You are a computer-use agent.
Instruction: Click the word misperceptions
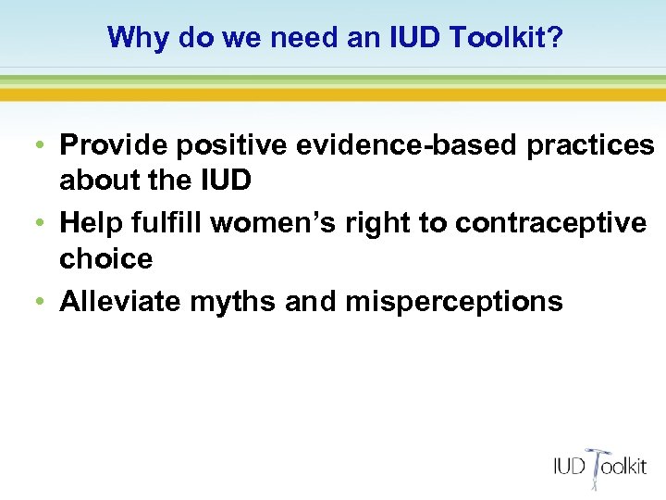click(453, 302)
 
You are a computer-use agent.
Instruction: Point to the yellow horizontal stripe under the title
click(333, 94)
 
